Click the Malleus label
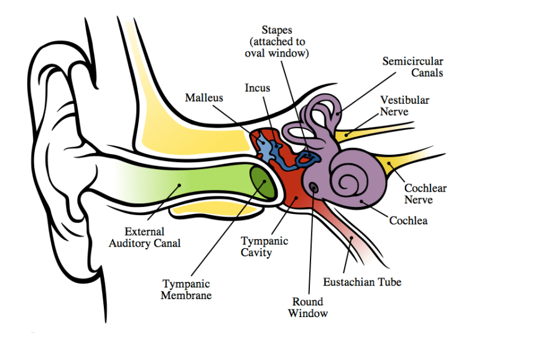click(x=203, y=98)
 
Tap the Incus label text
click(x=257, y=88)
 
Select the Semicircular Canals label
click(x=413, y=67)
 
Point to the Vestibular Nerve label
click(x=404, y=106)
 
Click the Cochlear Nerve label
click(x=426, y=194)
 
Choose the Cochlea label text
click(x=408, y=220)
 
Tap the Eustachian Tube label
click(x=362, y=282)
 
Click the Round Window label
click(x=307, y=308)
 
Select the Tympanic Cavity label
click(x=264, y=247)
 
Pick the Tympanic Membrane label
click(x=186, y=290)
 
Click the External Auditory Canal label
click(x=144, y=238)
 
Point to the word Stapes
click(x=276, y=30)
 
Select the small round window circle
click(x=313, y=187)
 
